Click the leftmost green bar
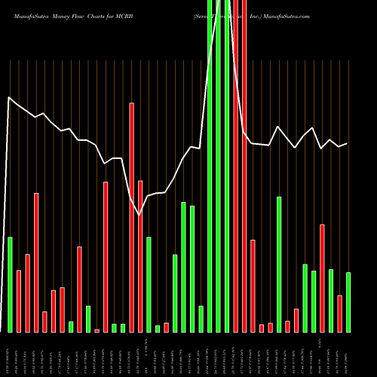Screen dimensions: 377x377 click(10, 284)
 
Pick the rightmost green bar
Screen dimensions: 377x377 click(348, 302)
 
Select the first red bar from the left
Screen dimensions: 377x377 click(19, 301)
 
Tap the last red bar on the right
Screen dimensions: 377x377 click(339, 313)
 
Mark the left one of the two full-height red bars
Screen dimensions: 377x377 click(235, 166)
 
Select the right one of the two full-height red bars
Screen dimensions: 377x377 click(244, 166)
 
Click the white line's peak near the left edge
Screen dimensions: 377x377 click(9, 97)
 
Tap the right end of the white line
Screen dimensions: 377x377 click(347, 143)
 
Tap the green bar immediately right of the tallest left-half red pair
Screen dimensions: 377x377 click(149, 284)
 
